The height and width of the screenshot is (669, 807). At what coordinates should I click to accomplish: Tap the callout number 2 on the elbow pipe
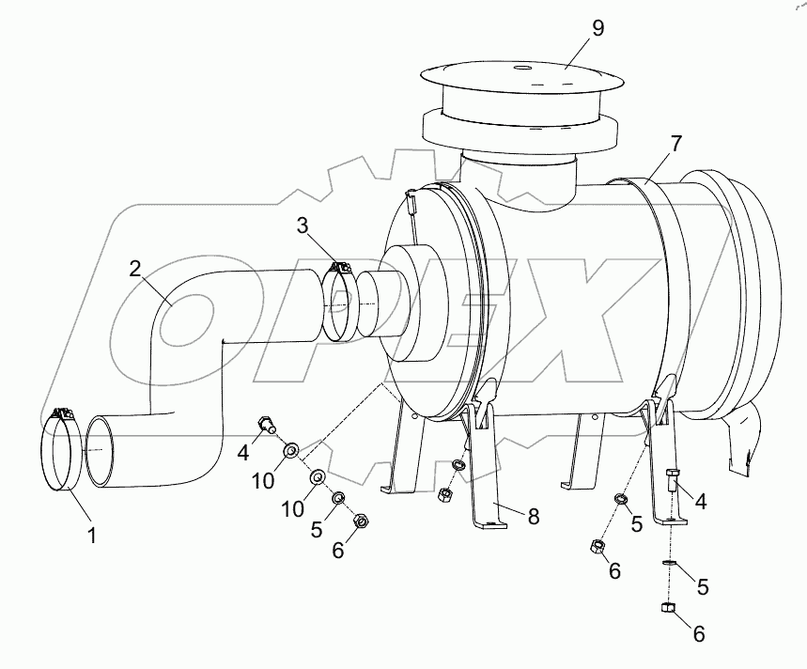coord(135,268)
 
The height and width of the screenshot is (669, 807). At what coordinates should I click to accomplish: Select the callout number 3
coord(303,225)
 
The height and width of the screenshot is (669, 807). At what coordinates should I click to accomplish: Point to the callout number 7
coord(675,144)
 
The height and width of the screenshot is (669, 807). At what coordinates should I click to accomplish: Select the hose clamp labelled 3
coord(339,301)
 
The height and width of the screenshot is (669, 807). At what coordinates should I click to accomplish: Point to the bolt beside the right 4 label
coord(672,480)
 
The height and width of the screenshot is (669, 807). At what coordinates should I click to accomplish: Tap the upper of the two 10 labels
coord(264,480)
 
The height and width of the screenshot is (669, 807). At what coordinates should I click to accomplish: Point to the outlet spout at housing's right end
coord(746,441)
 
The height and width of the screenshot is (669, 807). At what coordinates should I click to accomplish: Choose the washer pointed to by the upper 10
coord(291,451)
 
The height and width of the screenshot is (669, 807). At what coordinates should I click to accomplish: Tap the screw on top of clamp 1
coord(64,412)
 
